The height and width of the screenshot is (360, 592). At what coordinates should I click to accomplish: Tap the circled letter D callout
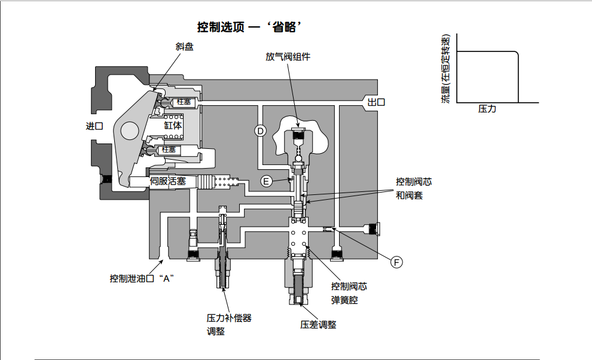[260, 131]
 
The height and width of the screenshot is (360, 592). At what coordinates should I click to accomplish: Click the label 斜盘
[184, 46]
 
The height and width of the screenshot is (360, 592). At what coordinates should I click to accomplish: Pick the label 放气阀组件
[288, 57]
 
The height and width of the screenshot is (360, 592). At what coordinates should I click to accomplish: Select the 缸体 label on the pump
[173, 126]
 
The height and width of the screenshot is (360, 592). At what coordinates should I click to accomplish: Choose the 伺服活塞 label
[168, 181]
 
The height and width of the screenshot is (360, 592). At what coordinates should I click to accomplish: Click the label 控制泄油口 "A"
[141, 278]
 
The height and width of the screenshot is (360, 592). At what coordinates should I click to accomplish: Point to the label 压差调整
[318, 325]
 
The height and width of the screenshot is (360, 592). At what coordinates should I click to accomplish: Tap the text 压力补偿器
[229, 318]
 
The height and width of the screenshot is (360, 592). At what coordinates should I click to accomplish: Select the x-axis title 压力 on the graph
[487, 109]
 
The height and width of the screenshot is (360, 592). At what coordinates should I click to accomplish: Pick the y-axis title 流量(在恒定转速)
[445, 70]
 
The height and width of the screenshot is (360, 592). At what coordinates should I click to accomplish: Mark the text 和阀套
[409, 195]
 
